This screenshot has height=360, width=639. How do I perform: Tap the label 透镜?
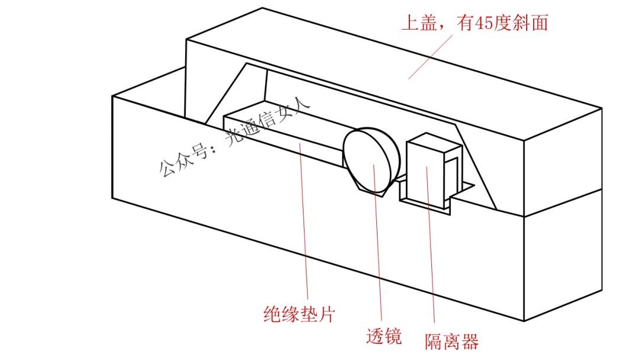(384, 336)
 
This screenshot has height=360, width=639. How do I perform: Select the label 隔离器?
(451, 341)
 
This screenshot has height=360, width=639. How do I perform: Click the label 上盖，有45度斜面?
(475, 23)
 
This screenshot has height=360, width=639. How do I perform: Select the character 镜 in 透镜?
(393, 336)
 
